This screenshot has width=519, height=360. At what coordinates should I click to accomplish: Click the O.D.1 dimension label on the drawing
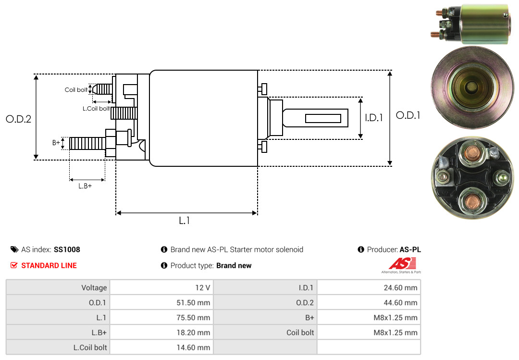click(x=408, y=115)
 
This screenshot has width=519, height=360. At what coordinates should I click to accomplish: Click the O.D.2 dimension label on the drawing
click(x=18, y=119)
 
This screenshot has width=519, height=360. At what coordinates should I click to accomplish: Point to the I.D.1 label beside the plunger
click(x=374, y=117)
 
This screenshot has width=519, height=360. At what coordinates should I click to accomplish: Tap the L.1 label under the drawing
click(x=185, y=221)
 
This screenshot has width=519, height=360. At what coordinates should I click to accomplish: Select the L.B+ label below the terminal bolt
click(x=85, y=186)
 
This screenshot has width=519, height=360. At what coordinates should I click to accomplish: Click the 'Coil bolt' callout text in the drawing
click(x=76, y=90)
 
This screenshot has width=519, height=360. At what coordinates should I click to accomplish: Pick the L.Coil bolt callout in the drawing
click(x=96, y=109)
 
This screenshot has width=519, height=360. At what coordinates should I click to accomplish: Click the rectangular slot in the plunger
click(x=323, y=118)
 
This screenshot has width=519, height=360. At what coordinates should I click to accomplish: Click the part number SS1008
click(x=67, y=249)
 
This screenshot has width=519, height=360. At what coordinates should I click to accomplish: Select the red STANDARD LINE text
click(x=49, y=265)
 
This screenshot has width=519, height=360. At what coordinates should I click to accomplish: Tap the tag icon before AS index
click(x=14, y=249)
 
